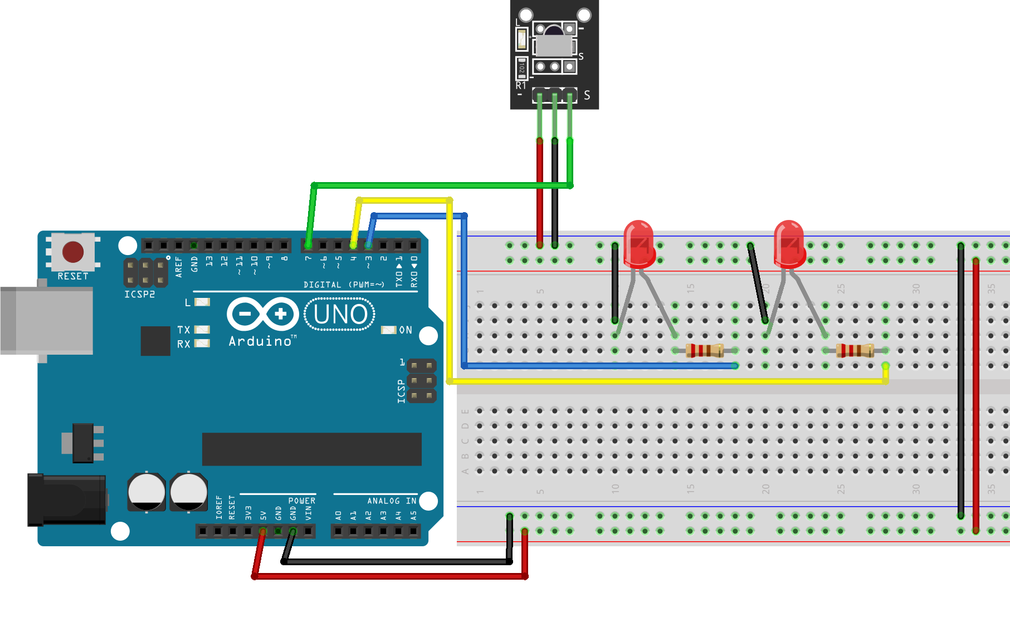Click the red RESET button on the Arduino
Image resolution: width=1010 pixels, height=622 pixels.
pyautogui.click(x=73, y=252)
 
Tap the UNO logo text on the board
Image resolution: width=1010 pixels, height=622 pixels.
pyautogui.click(x=340, y=315)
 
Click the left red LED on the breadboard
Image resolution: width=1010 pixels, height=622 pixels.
pyautogui.click(x=638, y=244)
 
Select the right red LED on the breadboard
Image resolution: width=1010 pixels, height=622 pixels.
pyautogui.click(x=789, y=244)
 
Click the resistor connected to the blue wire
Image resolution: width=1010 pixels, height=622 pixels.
pyautogui.click(x=705, y=350)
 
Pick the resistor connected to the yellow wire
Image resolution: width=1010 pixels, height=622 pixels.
pyautogui.click(x=855, y=350)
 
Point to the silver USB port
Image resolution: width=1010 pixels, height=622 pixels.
pyautogui.click(x=47, y=321)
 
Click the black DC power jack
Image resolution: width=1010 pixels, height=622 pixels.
pyautogui.click(x=67, y=499)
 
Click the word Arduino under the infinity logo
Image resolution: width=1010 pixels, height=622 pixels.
pyautogui.click(x=260, y=341)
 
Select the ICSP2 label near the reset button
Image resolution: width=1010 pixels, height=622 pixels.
pyautogui.click(x=139, y=294)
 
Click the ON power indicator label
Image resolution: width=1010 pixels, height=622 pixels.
pyautogui.click(x=406, y=330)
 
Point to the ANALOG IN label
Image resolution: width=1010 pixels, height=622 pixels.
pyautogui.click(x=392, y=501)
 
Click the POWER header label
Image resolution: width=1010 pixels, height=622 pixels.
pyautogui.click(x=301, y=501)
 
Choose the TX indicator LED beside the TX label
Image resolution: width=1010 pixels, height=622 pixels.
pyautogui.click(x=202, y=330)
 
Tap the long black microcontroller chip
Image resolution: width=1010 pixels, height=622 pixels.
pyautogui.click(x=311, y=449)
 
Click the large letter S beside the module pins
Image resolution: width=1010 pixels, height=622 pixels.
pyautogui.click(x=587, y=96)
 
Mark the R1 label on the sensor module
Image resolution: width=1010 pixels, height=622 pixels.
pyautogui.click(x=521, y=86)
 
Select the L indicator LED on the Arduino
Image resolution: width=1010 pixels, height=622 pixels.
pyautogui.click(x=202, y=302)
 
